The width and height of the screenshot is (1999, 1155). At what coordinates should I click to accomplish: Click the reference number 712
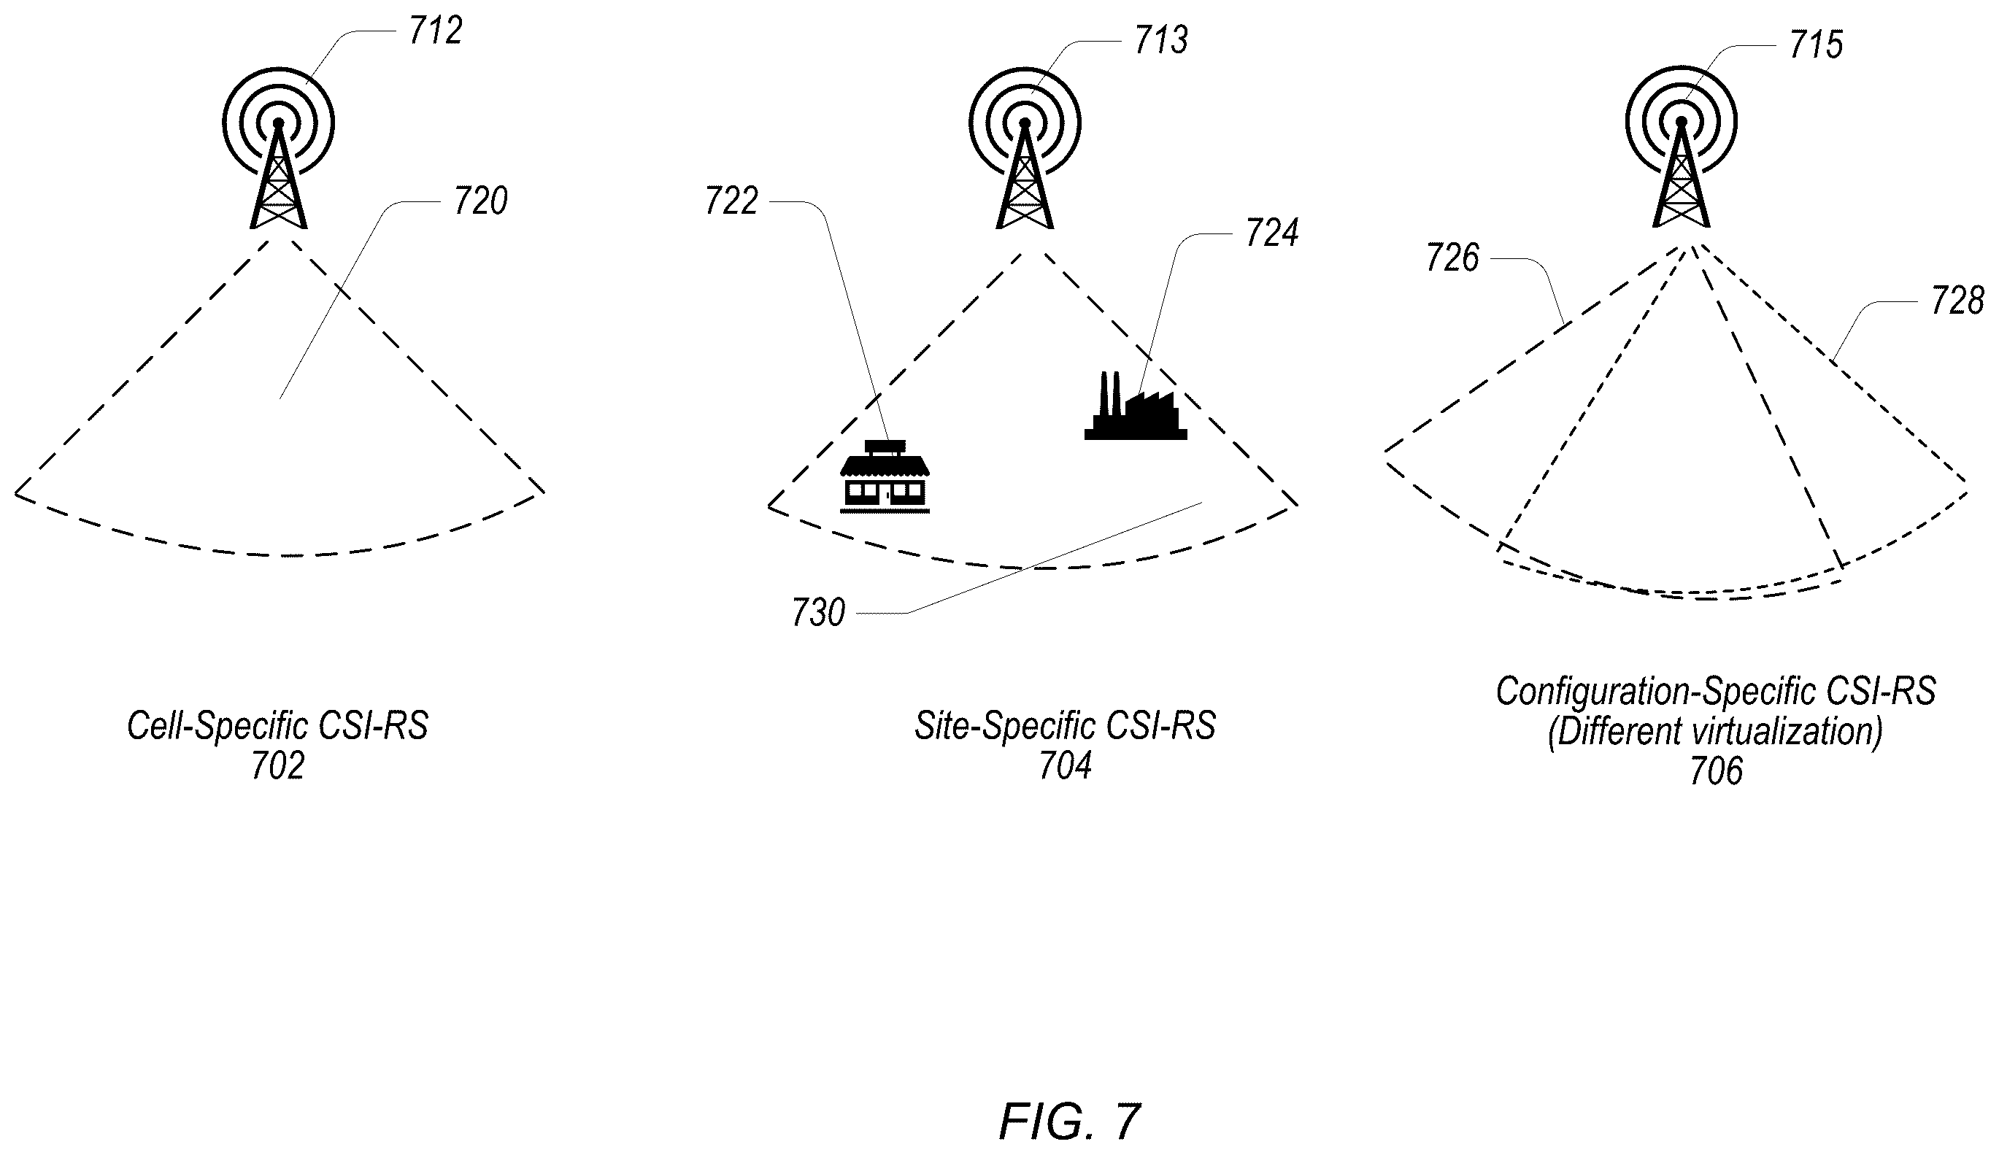coord(436,31)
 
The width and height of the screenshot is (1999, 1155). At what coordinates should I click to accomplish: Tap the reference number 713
coord(1161,40)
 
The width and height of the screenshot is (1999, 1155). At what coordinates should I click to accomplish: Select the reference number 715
coord(1816,45)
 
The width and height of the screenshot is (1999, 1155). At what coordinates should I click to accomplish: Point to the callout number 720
coord(481,201)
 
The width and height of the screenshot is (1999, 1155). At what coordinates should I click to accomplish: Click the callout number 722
coord(731,201)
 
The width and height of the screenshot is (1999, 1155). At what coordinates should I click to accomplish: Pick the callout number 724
coord(1271,233)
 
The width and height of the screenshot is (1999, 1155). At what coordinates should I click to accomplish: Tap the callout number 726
coord(1452,258)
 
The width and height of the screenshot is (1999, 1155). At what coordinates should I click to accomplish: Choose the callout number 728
coord(1957,301)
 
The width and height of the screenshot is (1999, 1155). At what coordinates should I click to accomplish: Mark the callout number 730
coord(819,613)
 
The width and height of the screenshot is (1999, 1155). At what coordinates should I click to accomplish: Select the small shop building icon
coord(885,476)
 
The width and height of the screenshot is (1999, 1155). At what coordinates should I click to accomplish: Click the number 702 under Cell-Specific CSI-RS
coord(277,766)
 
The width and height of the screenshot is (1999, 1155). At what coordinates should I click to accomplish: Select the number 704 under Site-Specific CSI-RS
coord(1066,766)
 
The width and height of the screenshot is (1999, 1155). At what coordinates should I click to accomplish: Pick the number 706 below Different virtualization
coord(1717,771)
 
